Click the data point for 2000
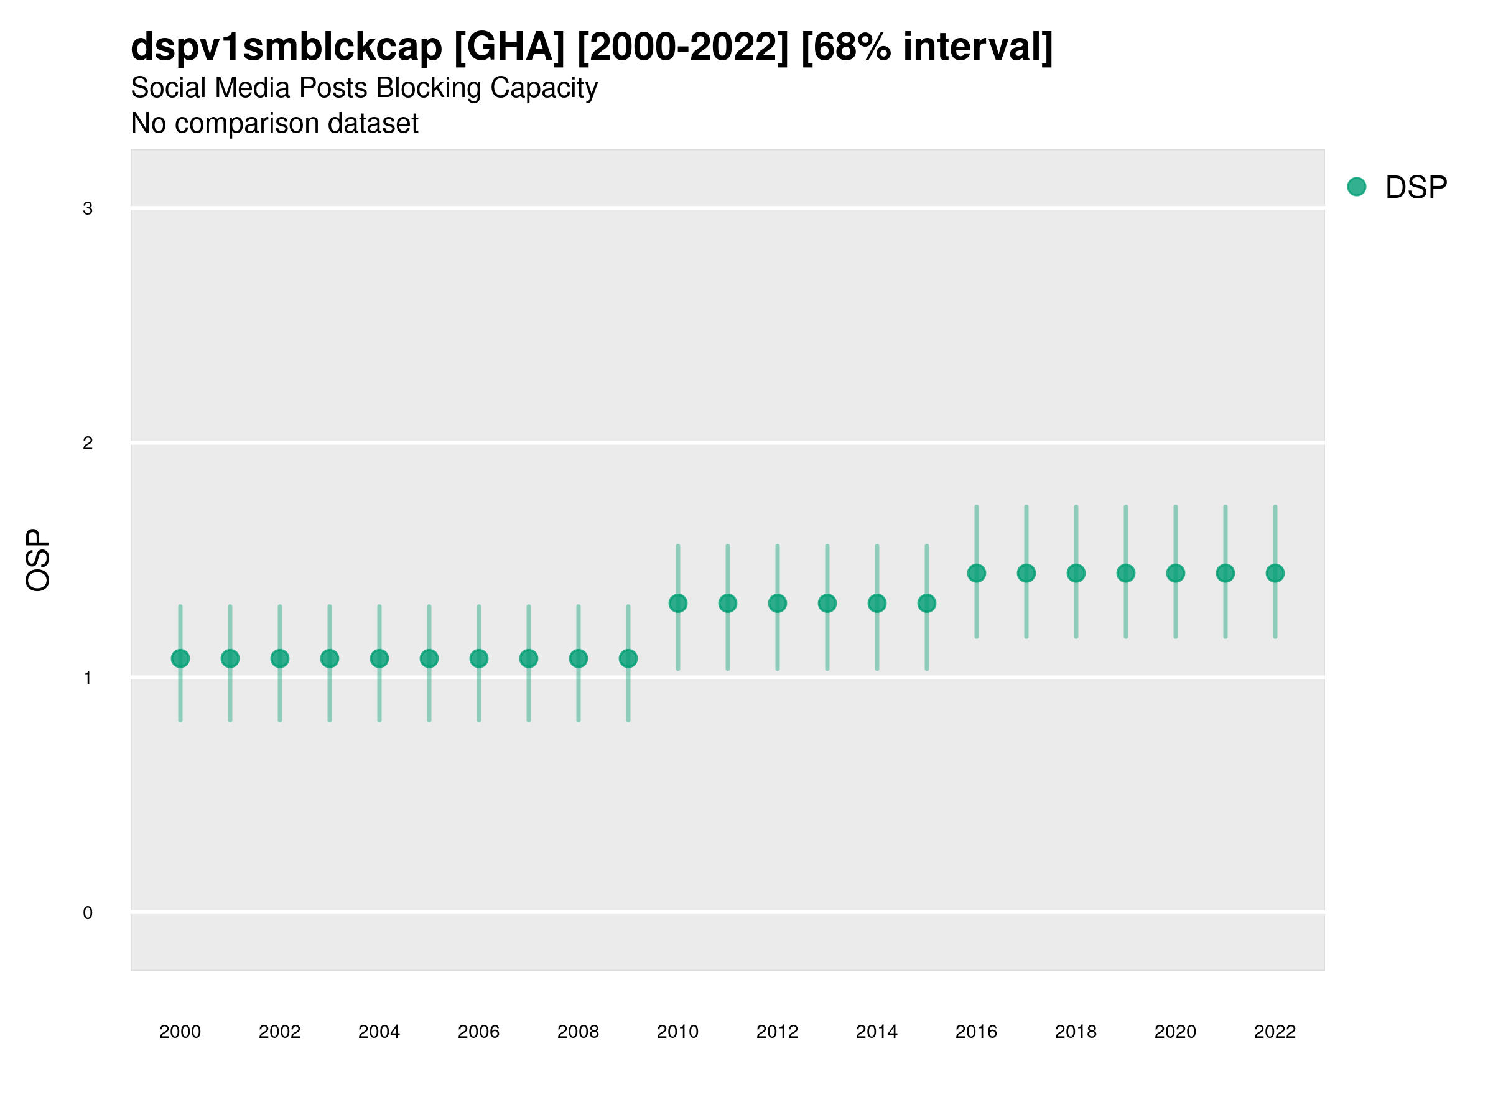[180, 658]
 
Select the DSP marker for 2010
[677, 603]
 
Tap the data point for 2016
[977, 573]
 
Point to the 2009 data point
[628, 658]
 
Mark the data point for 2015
[927, 603]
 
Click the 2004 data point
[379, 658]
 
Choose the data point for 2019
[1126, 573]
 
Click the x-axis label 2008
[579, 1032]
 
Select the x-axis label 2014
[877, 1032]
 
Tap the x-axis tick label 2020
[1175, 1032]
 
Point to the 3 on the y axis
[88, 208]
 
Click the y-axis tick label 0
[88, 913]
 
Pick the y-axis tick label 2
[88, 444]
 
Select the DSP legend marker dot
[1357, 187]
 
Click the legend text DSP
[1416, 188]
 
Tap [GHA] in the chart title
[509, 47]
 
